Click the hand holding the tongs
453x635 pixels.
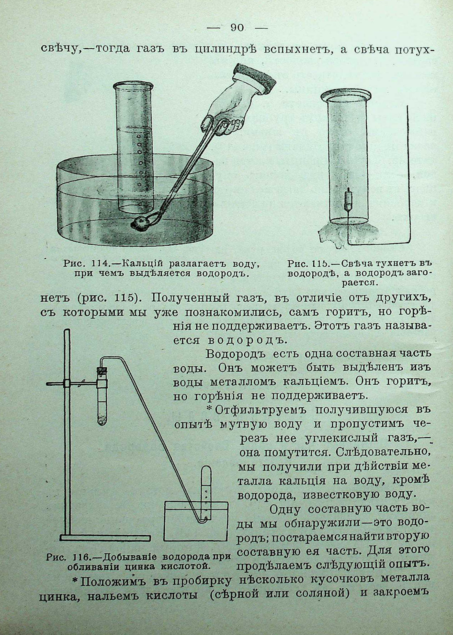(x=229, y=109)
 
